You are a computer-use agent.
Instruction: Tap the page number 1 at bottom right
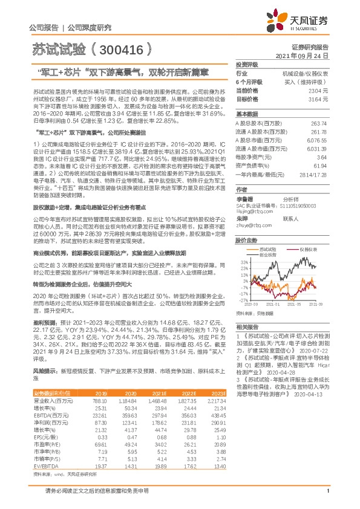click(x=327, y=498)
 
